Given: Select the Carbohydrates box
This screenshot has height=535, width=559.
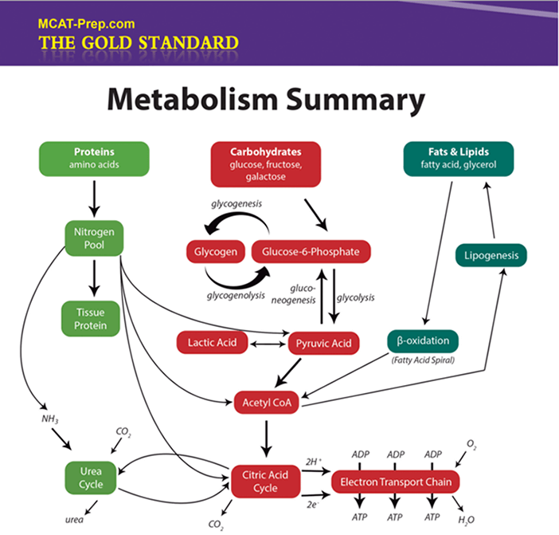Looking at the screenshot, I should [x=265, y=163].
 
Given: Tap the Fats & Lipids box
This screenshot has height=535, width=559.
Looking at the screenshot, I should [x=458, y=157].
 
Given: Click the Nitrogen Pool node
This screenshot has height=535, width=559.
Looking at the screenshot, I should [x=94, y=238].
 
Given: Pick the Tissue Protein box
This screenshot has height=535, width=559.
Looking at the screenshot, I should [x=94, y=318].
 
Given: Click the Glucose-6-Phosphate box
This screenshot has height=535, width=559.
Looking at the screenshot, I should [x=311, y=252].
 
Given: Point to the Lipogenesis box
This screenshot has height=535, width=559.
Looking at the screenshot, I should [x=491, y=256].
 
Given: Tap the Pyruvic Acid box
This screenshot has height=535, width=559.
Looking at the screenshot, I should [x=323, y=343].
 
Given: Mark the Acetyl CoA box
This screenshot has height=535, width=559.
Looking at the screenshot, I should [x=265, y=403].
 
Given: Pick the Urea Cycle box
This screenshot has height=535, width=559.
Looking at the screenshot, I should [x=92, y=477].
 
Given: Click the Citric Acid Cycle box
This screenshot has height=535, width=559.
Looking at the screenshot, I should [x=264, y=482].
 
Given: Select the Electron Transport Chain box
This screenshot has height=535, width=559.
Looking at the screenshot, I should [x=396, y=482].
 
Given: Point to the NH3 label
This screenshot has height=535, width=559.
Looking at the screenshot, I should [x=51, y=418].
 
